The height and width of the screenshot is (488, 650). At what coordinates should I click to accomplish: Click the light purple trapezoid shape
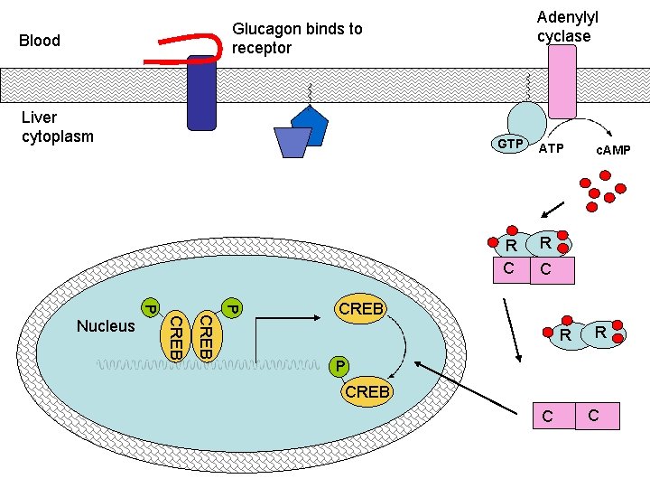click(x=292, y=142)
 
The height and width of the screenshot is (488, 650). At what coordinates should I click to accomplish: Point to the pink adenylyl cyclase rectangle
click(x=562, y=81)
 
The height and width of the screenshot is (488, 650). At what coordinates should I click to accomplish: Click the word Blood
click(x=40, y=41)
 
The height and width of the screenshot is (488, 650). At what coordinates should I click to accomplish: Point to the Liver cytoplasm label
click(x=57, y=127)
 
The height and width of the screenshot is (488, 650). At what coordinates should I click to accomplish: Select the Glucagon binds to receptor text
click(x=297, y=38)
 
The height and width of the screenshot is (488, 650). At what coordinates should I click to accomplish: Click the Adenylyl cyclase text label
click(x=567, y=27)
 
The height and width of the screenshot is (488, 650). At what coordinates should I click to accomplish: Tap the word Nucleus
click(x=106, y=326)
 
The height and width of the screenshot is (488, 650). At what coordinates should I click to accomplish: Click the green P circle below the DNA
click(x=338, y=367)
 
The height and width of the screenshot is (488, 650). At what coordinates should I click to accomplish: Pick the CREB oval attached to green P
click(x=367, y=391)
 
